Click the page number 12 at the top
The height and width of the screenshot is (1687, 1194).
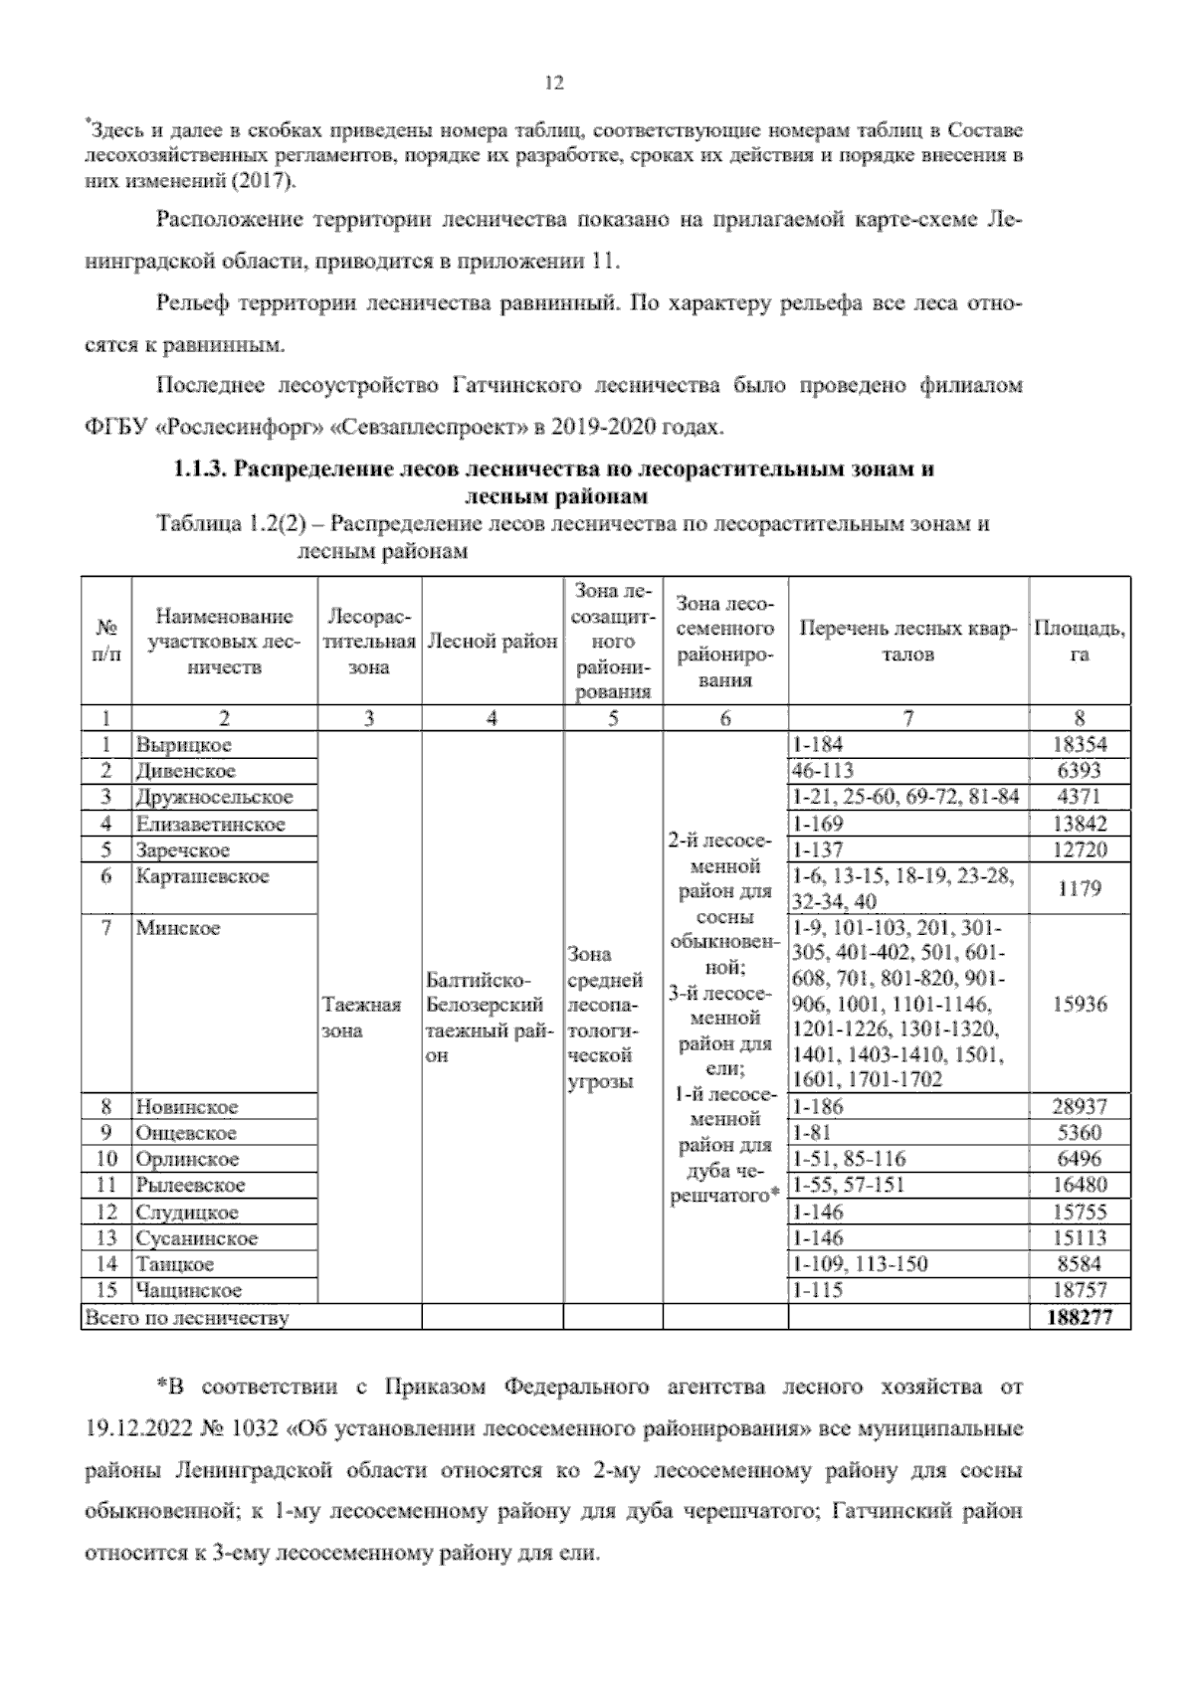(x=555, y=84)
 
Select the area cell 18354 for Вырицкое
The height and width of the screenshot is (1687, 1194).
(x=1080, y=744)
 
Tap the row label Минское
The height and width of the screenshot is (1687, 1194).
(x=178, y=928)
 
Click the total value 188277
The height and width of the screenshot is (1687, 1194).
(x=1080, y=1317)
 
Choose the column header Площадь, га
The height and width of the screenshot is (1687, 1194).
(x=1080, y=642)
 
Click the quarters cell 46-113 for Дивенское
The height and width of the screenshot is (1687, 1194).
(x=824, y=770)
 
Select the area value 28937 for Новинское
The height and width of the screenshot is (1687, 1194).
(x=1080, y=1106)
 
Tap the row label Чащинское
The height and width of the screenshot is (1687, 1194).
(x=189, y=1290)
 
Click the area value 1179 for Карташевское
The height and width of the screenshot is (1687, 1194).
(x=1080, y=888)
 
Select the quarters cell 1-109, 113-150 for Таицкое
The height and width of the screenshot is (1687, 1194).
(x=860, y=1264)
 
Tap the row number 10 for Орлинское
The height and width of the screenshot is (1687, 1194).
(x=106, y=1159)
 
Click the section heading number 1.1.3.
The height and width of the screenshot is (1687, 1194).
(x=202, y=469)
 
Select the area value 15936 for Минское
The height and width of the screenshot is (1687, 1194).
(x=1080, y=1004)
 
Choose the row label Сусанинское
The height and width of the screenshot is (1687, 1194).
(x=196, y=1238)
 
